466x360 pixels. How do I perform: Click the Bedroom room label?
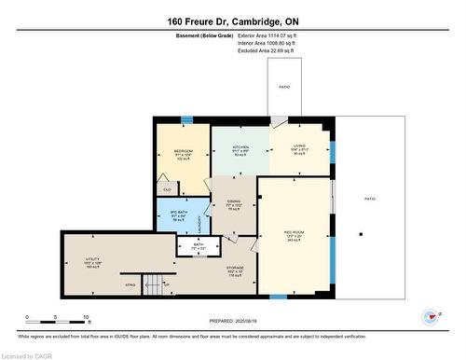184,151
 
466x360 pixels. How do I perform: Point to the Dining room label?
235,201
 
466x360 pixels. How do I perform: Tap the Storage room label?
235,270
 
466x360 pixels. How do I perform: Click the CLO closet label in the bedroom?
167,188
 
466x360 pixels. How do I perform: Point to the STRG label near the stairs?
130,284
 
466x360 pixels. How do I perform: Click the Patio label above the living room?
284,87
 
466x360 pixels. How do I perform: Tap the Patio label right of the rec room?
369,199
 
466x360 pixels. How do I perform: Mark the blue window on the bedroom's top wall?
187,118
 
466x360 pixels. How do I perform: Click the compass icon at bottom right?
431,317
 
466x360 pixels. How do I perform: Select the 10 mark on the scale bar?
86,320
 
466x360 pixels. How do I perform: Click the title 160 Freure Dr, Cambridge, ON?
233,20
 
